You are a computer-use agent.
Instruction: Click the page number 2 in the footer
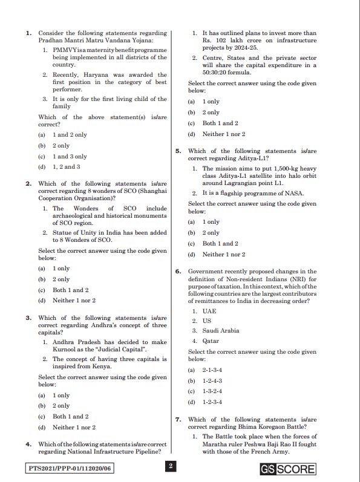pyautogui.click(x=171, y=466)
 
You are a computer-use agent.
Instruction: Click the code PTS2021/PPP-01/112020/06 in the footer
pyautogui.click(x=71, y=468)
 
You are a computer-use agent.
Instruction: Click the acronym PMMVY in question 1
pyautogui.click(x=65, y=48)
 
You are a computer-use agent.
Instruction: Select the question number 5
pyautogui.click(x=178, y=151)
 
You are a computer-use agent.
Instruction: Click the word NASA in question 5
pyautogui.click(x=293, y=194)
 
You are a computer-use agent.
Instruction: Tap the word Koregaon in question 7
pyautogui.click(x=264, y=426)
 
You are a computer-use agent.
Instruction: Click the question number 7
pyautogui.click(x=178, y=419)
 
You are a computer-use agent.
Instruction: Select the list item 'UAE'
pyautogui.click(x=209, y=311)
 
